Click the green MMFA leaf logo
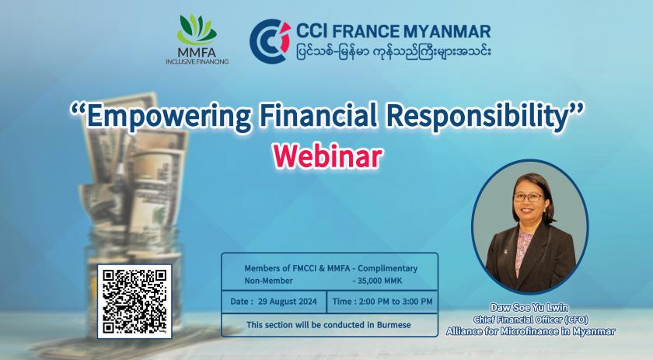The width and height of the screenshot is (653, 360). pos(197,30)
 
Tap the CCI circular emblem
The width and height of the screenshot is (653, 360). pos(270,41)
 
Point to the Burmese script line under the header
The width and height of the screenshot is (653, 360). pos(394,52)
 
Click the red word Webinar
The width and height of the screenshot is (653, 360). pos(327,156)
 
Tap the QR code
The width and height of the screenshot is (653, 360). pos(134,301)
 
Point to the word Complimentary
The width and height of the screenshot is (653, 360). pos(388,269)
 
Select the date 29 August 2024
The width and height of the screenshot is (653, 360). pos(288,302)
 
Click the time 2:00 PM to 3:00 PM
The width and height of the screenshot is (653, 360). pos(396,302)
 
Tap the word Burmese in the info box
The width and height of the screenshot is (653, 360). pos(393,325)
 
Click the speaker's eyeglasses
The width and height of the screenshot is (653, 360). pos(529,197)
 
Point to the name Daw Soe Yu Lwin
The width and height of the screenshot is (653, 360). pos(529,307)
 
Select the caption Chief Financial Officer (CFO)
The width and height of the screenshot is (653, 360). pos(530,320)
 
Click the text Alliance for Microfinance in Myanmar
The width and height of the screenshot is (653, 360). pos(530,331)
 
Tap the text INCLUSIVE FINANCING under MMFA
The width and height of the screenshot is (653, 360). pos(197,61)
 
